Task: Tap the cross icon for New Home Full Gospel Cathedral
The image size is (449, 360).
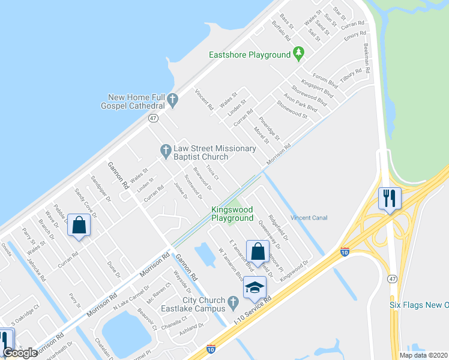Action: [173, 101]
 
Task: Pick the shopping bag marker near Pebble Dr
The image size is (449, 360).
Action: [79, 226]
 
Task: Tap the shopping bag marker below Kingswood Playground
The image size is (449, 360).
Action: [258, 252]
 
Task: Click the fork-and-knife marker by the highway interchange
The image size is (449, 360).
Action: [390, 197]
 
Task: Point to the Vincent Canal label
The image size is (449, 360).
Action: [309, 217]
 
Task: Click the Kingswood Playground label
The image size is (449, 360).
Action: [232, 214]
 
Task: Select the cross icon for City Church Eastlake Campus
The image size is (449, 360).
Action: [235, 300]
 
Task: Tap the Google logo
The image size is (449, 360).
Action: [20, 353]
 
